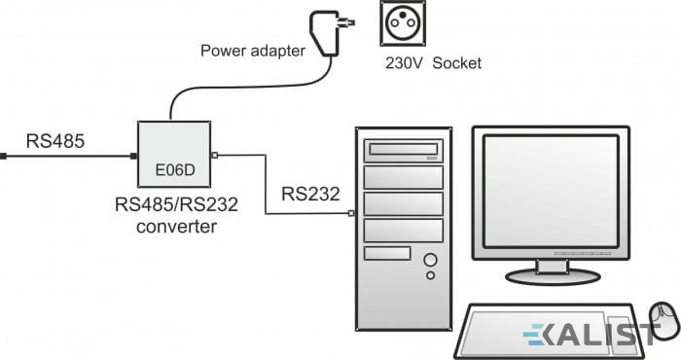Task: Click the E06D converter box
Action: point(174,154)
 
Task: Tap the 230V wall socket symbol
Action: point(403,23)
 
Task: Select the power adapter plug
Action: point(329,33)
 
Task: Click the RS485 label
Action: point(55,141)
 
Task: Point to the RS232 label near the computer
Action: point(310,194)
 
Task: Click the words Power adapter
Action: point(253,51)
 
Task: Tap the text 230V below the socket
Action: point(403,63)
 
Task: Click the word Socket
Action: point(457,63)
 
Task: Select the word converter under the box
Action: point(176,227)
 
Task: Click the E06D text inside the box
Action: point(175,170)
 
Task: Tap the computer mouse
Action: point(663,322)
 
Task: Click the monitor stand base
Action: point(553,276)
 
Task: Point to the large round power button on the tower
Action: point(430,260)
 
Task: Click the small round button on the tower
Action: point(430,275)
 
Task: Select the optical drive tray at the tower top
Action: point(404,150)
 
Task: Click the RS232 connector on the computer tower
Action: point(351,213)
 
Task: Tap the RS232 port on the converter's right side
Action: point(214,155)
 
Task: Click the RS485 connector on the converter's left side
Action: point(134,156)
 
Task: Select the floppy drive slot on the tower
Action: point(387,253)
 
